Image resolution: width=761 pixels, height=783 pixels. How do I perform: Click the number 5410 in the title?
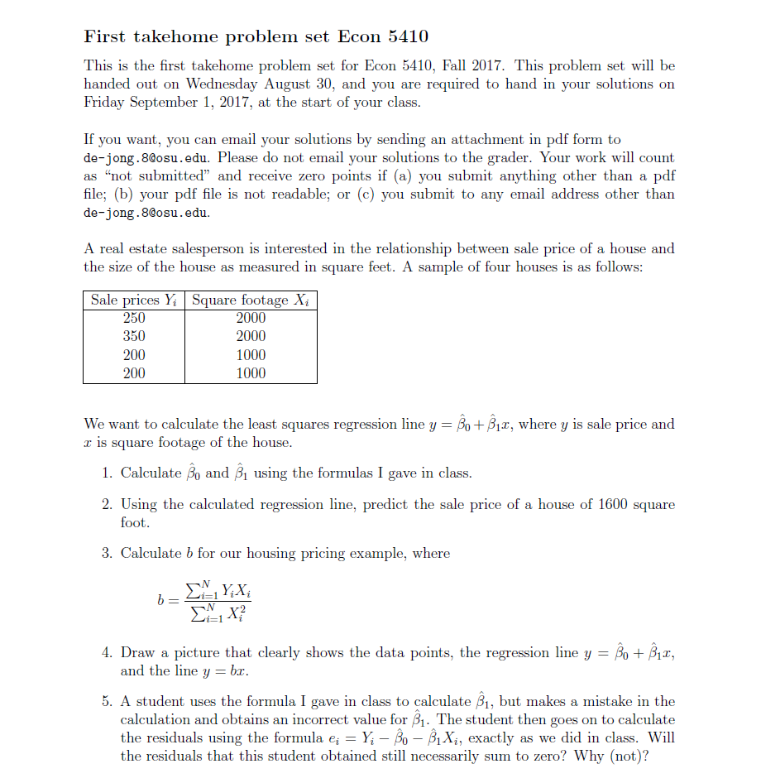pos(403,36)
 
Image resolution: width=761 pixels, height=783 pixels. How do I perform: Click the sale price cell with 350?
pos(134,336)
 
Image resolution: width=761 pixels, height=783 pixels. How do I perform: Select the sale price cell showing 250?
pos(134,318)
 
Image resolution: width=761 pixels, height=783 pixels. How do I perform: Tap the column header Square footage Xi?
pos(251,300)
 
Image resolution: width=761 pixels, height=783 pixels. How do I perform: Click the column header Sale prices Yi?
pos(134,300)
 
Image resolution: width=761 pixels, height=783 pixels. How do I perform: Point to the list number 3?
pos(107,553)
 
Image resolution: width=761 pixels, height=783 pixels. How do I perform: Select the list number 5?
pos(107,701)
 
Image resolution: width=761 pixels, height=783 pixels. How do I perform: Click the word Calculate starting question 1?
pos(151,473)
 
